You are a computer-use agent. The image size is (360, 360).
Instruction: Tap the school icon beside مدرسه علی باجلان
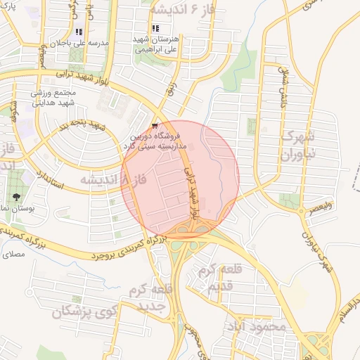coord(79,32)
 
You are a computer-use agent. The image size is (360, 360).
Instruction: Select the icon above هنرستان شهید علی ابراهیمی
coord(155,29)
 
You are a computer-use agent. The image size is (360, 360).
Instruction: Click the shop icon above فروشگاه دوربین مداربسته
coord(155,125)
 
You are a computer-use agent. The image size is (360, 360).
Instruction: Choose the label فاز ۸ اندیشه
coord(112,180)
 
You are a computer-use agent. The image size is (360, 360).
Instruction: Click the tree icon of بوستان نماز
coord(15,196)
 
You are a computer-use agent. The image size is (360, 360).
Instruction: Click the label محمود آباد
coord(258,327)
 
